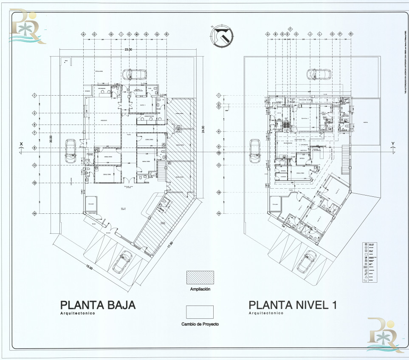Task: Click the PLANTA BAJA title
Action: [98, 305]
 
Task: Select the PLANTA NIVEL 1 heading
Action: [294, 305]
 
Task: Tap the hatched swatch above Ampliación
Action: [200, 278]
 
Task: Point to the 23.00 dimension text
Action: [128, 50]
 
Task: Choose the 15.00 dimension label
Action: [89, 267]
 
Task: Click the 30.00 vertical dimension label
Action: [51, 140]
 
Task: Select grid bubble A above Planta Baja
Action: [83, 34]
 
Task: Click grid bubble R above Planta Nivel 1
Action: [351, 34]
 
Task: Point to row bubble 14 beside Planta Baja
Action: [34, 213]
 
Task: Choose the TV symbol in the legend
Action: [364, 281]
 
